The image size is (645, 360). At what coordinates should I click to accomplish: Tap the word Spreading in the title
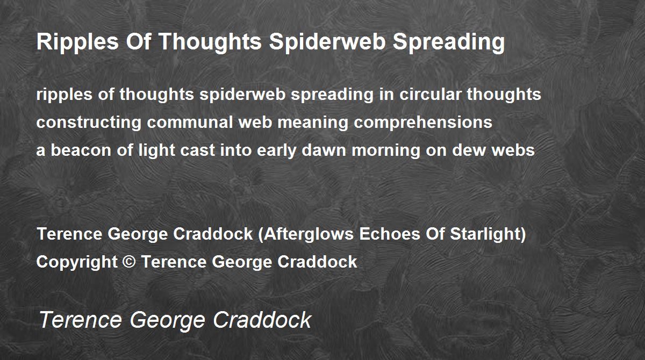(x=449, y=42)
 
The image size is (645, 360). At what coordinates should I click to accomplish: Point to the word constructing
(x=89, y=123)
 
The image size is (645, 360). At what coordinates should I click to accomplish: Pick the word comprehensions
(x=423, y=123)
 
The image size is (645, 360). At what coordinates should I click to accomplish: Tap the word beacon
(x=81, y=150)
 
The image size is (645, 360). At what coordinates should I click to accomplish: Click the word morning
(x=386, y=151)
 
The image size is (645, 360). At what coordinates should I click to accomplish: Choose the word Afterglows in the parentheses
(x=309, y=234)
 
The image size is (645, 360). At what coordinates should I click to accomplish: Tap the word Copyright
(x=77, y=262)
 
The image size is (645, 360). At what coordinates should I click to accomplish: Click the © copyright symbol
(x=129, y=262)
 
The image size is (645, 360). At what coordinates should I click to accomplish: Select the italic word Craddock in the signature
(x=262, y=320)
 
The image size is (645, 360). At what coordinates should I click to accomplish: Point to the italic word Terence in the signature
(x=80, y=320)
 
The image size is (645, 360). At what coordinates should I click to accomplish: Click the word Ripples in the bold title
(x=77, y=42)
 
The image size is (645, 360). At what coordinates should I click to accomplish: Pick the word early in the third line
(x=276, y=151)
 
